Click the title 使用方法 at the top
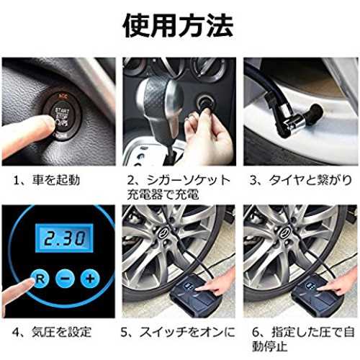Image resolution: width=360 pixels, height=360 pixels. (178, 25)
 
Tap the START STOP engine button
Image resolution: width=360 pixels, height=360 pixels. (62, 114)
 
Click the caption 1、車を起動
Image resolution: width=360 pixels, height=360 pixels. (47, 180)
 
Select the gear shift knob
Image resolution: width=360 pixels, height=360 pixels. (161, 103)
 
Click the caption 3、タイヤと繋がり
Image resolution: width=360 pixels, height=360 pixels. (301, 180)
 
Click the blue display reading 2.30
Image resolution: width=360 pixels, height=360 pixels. (64, 238)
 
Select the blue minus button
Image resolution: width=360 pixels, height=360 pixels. (65, 279)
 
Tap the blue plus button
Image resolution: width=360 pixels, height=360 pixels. (90, 279)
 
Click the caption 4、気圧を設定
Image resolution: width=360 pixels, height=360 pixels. (52, 333)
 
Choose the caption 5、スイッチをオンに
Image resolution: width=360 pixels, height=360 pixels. (178, 333)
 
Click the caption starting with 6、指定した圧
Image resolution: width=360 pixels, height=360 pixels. (303, 339)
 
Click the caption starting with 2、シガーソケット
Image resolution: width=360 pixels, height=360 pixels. (179, 187)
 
